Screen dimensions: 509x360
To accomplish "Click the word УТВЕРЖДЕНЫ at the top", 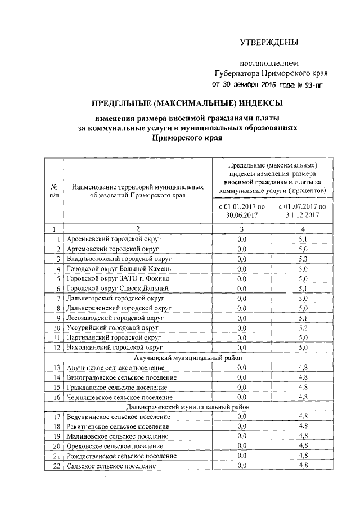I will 269,43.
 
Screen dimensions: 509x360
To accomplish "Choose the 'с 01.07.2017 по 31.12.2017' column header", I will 303,211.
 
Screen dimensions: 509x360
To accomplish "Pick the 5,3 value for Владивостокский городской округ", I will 303,259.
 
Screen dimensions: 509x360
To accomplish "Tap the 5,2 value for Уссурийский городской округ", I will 303,327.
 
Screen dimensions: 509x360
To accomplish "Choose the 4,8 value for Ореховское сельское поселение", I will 303,445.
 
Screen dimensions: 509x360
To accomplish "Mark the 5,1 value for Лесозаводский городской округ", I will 303,318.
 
